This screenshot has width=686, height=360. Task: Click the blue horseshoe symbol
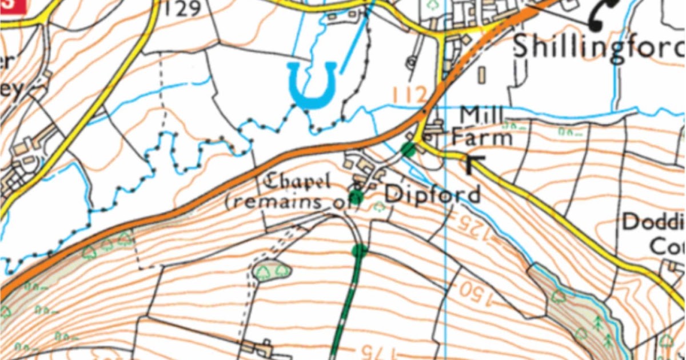pyautogui.click(x=312, y=86)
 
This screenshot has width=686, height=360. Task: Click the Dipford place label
pyautogui.click(x=432, y=194)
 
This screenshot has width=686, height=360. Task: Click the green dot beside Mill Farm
pyautogui.click(x=408, y=150)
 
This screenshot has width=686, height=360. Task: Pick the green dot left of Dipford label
pyautogui.click(x=357, y=198)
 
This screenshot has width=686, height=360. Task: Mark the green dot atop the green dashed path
pyautogui.click(x=359, y=250)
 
